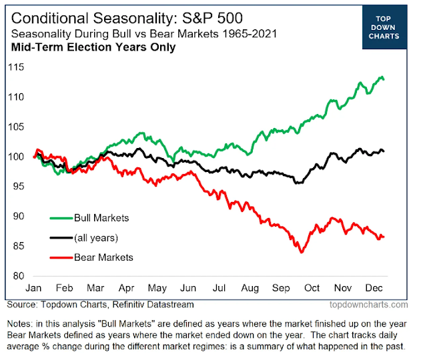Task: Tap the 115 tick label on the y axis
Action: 16,67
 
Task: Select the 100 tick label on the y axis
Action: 16,157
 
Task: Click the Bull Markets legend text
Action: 101,217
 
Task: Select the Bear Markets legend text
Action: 103,257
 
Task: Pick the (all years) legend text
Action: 96,237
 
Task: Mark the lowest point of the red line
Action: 302,253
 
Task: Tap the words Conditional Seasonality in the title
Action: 82,17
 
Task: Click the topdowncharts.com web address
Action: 366,305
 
